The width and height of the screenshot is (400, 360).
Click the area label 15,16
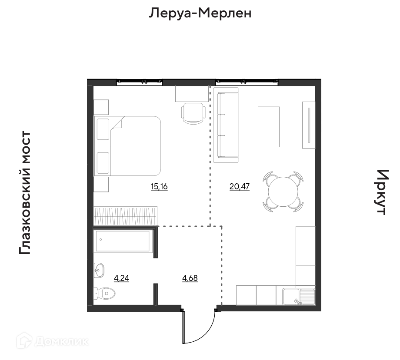(159, 187)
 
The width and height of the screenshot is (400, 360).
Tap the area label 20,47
(240, 187)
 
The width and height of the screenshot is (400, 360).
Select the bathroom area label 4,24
(121, 278)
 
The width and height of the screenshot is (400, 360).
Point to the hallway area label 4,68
(190, 278)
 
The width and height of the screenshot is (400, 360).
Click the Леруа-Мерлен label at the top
(200, 13)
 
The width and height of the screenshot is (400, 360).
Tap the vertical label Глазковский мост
(25, 193)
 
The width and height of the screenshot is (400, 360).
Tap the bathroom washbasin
(99, 270)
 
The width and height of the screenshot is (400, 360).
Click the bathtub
(123, 241)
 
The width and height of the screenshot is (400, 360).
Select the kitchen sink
(299, 297)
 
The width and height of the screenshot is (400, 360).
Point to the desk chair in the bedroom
(193, 113)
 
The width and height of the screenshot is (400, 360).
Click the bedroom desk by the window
(192, 94)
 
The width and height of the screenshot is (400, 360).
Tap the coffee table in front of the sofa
(269, 127)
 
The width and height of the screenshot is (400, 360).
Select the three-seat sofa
(226, 125)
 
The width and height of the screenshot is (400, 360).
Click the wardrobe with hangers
(125, 216)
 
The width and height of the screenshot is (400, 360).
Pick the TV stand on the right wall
(309, 125)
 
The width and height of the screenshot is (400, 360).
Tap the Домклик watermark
(53, 341)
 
